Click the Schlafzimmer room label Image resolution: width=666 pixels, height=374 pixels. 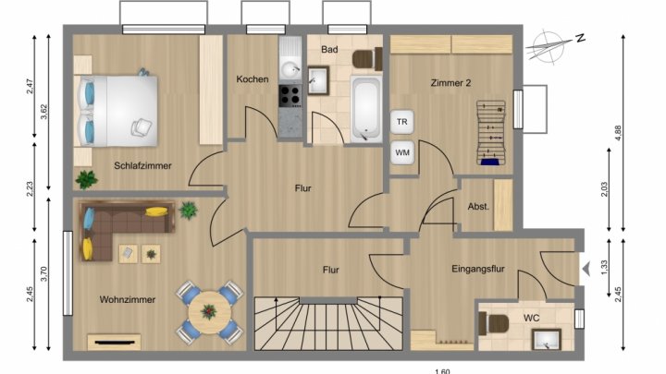click(142, 166)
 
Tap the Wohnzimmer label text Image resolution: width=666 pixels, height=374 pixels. click(128, 299)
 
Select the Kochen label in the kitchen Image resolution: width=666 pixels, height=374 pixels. click(253, 79)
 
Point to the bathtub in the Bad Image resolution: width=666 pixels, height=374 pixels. click(365, 108)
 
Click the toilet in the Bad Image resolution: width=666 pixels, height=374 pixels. click(367, 59)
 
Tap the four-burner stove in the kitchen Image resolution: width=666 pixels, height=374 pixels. click(290, 95)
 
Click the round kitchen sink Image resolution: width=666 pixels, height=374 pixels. click(290, 69)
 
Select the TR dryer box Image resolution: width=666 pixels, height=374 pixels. click(401, 122)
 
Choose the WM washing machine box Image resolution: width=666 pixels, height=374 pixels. click(401, 152)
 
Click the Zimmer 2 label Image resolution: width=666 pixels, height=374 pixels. click(450, 83)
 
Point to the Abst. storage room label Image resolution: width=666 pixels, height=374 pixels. click(478, 207)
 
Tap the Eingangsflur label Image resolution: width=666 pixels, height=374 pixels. click(478, 269)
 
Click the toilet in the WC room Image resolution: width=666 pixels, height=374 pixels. click(493, 323)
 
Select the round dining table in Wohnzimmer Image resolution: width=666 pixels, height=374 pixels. click(209, 312)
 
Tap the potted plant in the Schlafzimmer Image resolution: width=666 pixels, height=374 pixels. click(87, 179)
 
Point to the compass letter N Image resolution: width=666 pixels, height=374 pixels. click(581, 38)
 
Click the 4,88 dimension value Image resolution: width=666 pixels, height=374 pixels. click(619, 133)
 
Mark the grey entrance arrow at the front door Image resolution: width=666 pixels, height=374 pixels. click(586, 269)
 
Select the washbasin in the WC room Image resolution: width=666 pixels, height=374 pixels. click(547, 340)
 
